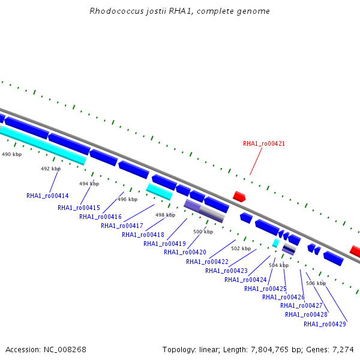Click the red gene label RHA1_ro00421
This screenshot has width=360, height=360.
click(x=264, y=144)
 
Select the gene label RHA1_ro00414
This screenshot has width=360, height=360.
click(x=47, y=196)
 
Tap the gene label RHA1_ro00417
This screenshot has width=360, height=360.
click(x=122, y=226)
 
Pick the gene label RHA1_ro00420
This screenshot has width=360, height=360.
click(x=185, y=253)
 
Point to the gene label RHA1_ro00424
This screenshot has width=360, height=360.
click(x=245, y=280)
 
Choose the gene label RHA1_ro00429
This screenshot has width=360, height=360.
click(x=325, y=324)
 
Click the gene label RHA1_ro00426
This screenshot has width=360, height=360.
click(x=283, y=298)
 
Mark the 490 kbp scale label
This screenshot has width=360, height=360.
click(x=12, y=154)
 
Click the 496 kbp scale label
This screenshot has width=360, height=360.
click(x=128, y=199)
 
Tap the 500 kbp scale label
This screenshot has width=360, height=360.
click(x=203, y=232)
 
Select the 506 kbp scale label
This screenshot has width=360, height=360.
click(x=316, y=283)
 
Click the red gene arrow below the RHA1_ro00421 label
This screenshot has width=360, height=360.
click(x=239, y=197)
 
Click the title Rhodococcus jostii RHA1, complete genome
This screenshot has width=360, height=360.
click(x=179, y=11)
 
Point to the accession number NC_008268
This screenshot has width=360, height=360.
click(x=65, y=350)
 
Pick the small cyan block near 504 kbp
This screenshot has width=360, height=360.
click(x=276, y=243)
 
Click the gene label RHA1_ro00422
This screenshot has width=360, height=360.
click(x=208, y=262)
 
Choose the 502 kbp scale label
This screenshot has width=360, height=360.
click(x=241, y=248)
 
